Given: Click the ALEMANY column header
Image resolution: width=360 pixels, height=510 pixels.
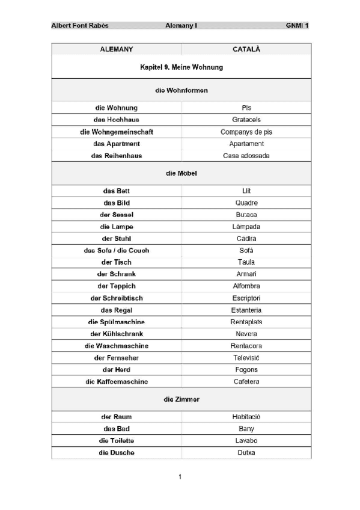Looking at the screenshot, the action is [x=117, y=49].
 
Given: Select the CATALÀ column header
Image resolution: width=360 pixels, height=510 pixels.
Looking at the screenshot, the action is [x=246, y=49].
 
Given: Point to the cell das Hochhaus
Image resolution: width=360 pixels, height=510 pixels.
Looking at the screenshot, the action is [x=117, y=120].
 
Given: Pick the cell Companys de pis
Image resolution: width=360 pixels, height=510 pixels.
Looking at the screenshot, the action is [x=246, y=132].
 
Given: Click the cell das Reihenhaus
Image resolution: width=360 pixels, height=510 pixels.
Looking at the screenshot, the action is [x=117, y=156].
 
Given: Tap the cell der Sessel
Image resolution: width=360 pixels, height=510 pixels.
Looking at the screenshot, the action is [x=117, y=215].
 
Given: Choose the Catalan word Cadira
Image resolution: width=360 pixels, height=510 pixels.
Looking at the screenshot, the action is [x=246, y=239].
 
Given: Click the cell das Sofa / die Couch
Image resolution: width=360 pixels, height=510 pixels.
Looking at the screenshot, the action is [x=117, y=250].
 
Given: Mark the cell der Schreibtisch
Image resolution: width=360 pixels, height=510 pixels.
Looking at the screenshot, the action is [x=117, y=298].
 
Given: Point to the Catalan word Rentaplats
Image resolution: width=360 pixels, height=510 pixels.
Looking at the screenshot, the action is [x=246, y=322].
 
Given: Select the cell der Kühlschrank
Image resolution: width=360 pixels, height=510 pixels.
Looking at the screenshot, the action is [x=117, y=334].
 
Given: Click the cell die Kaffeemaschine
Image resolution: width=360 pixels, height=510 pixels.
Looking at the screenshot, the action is [x=117, y=382].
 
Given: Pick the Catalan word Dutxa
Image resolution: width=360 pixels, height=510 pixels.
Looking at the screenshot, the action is [x=246, y=452].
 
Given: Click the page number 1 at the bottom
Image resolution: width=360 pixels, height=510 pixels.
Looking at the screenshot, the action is [x=180, y=477].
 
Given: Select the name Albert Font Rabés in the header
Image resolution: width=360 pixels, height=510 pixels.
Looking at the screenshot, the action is [x=80, y=26].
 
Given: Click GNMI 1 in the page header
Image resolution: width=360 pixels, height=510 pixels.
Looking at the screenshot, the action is [x=298, y=26].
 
